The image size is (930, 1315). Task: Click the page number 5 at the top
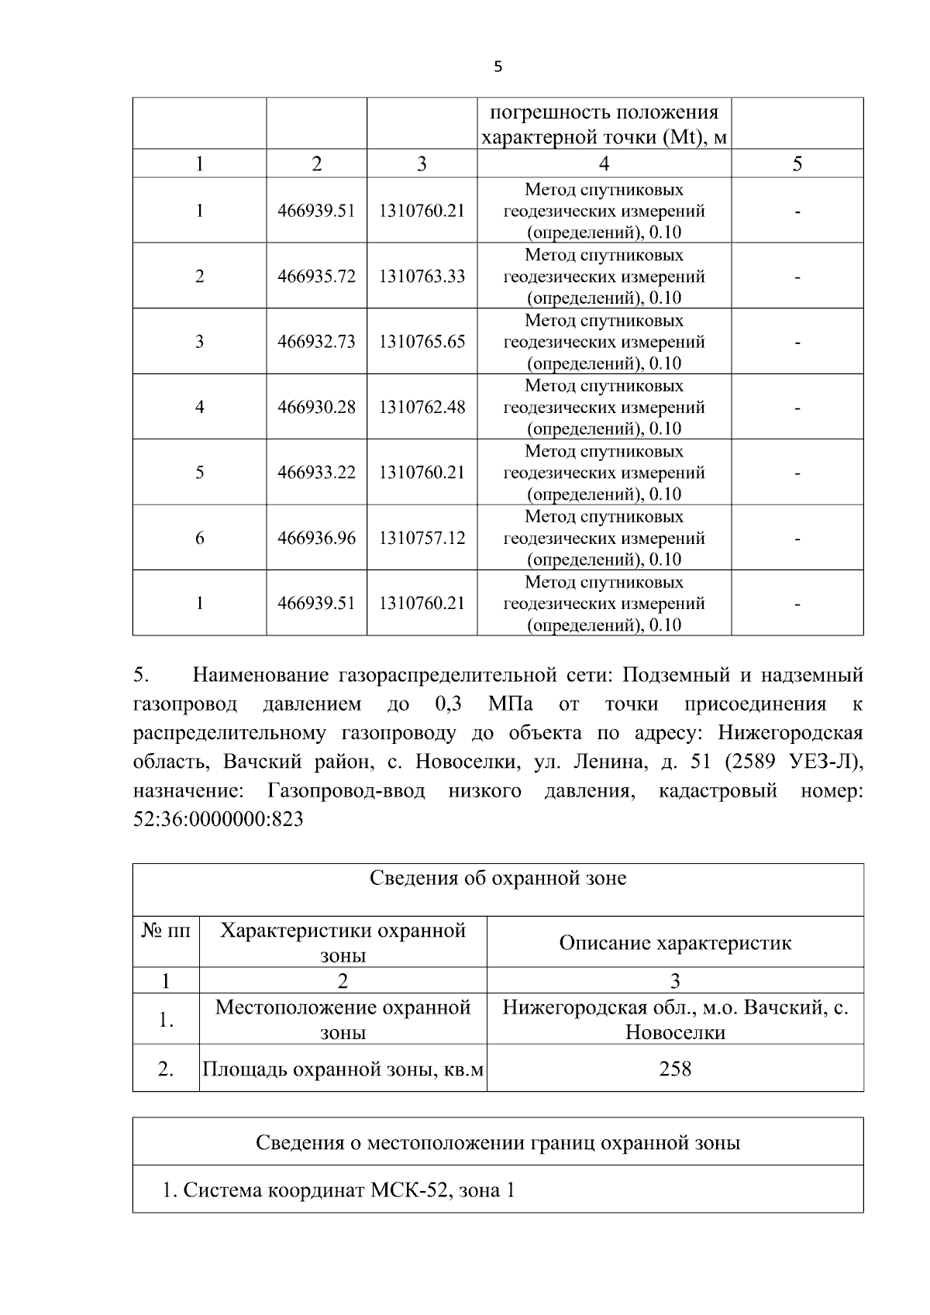point(498,67)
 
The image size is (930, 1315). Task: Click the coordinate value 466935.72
point(316,277)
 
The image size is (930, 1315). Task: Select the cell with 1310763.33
point(422,277)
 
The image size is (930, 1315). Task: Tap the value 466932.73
point(316,342)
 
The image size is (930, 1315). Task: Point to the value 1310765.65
point(422,342)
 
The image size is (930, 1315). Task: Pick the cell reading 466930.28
point(316,407)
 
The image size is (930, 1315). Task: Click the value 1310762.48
point(422,407)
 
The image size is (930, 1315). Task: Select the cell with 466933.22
point(316,473)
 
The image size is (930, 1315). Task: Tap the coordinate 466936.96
point(316,538)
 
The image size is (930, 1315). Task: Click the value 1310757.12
point(422,538)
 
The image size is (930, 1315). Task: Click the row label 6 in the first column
point(199,538)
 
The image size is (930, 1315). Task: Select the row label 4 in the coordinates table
point(199,407)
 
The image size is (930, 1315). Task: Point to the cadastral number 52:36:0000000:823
point(218,820)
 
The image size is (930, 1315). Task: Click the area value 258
point(675,1069)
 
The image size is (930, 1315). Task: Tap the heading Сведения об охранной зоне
point(498,878)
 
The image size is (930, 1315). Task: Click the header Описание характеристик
point(675,943)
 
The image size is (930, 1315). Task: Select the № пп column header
point(166,931)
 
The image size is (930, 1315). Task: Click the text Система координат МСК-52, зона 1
point(339,1189)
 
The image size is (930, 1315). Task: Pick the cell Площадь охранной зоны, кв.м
point(343,1069)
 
